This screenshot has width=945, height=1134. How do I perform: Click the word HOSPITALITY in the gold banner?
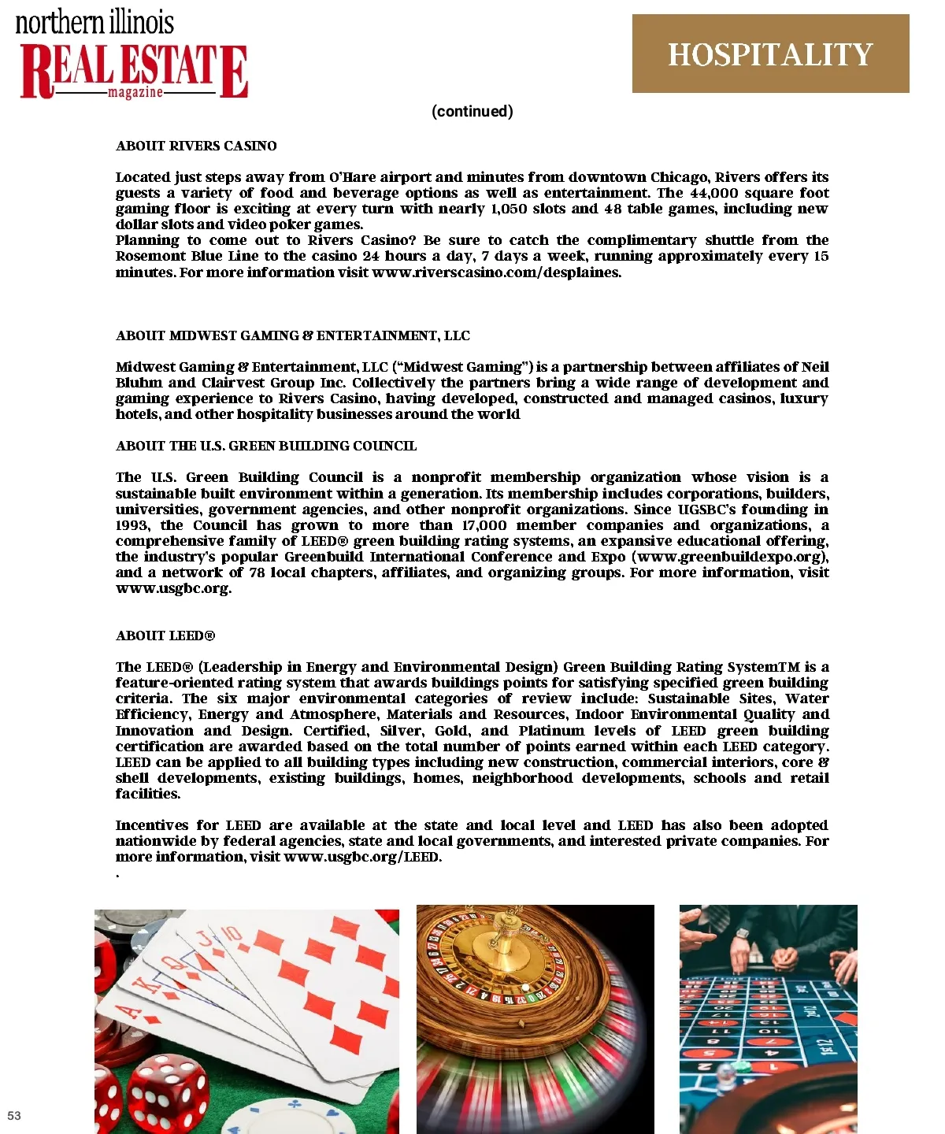point(770,54)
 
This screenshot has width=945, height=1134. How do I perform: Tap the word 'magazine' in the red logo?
point(135,92)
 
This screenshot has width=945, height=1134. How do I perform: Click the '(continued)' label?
point(472,111)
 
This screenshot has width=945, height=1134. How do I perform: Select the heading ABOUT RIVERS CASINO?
point(196,146)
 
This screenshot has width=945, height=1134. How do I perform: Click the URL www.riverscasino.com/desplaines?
point(496,272)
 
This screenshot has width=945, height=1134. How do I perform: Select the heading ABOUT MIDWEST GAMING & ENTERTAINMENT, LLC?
point(292,335)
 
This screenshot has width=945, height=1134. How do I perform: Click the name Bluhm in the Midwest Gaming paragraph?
point(139,383)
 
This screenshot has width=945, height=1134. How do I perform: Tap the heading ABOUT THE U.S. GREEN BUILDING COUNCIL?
point(266,446)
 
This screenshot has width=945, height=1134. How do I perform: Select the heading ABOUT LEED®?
point(165,636)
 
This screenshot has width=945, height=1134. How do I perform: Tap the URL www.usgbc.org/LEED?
point(361,857)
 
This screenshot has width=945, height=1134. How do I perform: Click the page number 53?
point(14,1115)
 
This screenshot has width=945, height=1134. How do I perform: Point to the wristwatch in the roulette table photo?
point(743,933)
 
